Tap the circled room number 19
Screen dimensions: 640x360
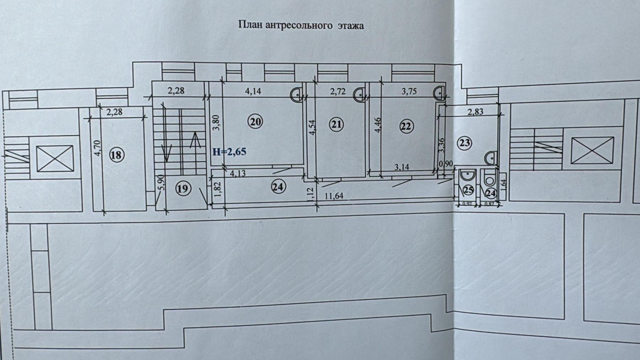pos(182,189)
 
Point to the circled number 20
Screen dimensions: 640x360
pos(256,122)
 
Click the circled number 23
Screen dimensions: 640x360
pos(465,143)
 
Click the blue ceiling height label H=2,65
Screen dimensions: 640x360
pos(229,152)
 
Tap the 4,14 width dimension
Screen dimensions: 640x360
pos(253,91)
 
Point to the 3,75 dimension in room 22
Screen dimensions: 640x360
pos(410,91)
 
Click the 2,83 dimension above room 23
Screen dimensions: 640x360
pos(475,111)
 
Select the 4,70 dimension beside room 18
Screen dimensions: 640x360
pos(98,148)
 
